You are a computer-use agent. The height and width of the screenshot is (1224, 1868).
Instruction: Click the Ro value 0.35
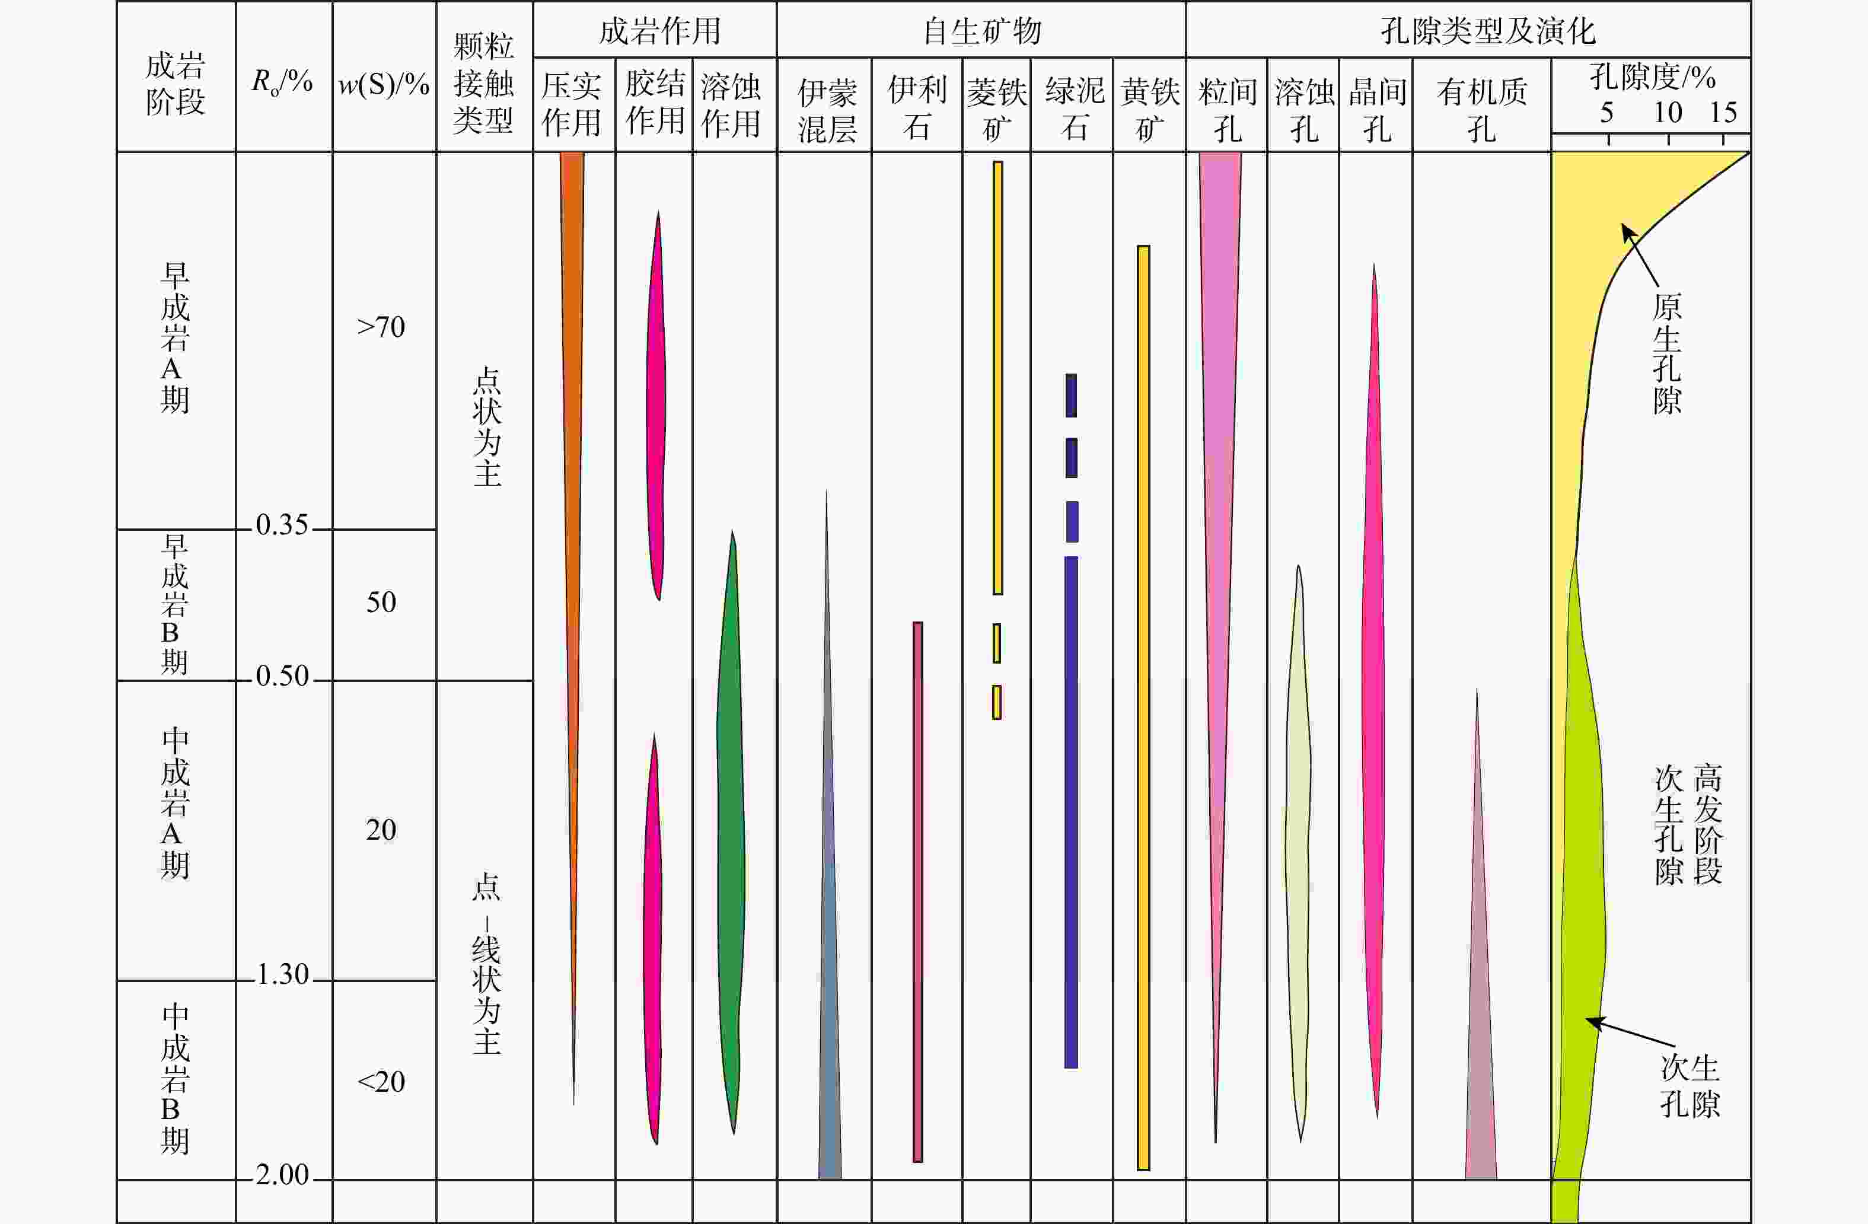click(282, 524)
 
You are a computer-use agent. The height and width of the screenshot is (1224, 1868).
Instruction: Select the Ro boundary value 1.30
click(282, 974)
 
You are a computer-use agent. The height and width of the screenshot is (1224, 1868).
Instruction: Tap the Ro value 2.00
click(282, 1175)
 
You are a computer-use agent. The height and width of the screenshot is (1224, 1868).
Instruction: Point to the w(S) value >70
click(381, 327)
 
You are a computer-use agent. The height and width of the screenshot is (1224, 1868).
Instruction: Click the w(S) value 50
click(381, 602)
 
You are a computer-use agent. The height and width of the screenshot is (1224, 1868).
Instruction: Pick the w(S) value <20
click(381, 1082)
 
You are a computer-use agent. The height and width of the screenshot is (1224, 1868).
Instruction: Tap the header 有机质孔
click(1482, 110)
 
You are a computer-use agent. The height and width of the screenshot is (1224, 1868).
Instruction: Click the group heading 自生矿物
click(982, 31)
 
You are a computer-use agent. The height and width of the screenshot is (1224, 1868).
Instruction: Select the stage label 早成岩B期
click(175, 604)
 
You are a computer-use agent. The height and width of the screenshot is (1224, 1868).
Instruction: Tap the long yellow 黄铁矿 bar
click(1143, 707)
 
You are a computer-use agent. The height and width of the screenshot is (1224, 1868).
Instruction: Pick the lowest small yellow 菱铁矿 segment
click(997, 702)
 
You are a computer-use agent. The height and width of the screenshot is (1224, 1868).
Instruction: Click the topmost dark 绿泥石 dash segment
click(1072, 395)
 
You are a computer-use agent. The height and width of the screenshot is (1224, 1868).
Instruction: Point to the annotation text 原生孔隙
click(1667, 353)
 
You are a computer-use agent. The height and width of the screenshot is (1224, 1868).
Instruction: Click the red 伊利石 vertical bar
click(917, 891)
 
